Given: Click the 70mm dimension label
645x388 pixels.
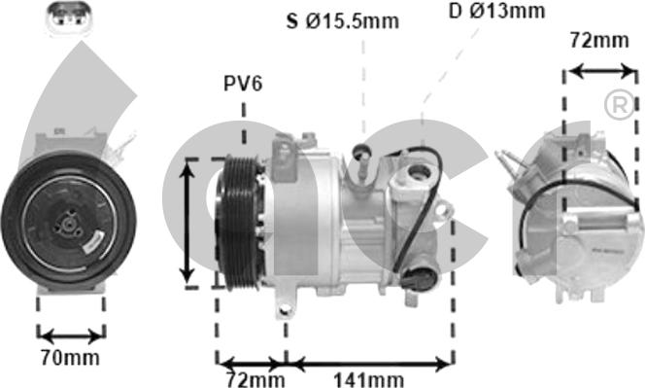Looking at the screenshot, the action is (70, 358).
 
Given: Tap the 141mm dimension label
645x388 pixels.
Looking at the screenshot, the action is (368, 379).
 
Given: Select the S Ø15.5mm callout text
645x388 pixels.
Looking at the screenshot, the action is (343, 21).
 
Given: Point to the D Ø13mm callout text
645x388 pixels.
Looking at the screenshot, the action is (497, 11).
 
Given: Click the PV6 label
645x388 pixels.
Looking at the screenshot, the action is (243, 84).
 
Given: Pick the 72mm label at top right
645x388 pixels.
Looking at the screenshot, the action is (599, 41).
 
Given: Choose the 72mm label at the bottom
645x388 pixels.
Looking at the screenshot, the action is (255, 379).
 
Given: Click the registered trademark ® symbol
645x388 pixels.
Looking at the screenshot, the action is (620, 105).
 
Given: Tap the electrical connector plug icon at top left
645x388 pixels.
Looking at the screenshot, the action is (69, 18).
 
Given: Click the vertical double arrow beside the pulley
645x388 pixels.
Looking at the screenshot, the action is (187, 223).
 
